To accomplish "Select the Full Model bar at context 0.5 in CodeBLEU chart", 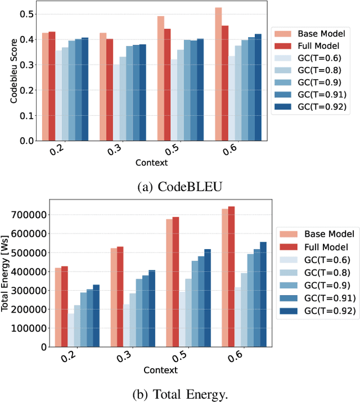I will click(167, 85).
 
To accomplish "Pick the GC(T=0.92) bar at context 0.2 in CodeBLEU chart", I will click(85, 89).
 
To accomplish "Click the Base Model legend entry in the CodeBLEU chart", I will click(312, 34).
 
